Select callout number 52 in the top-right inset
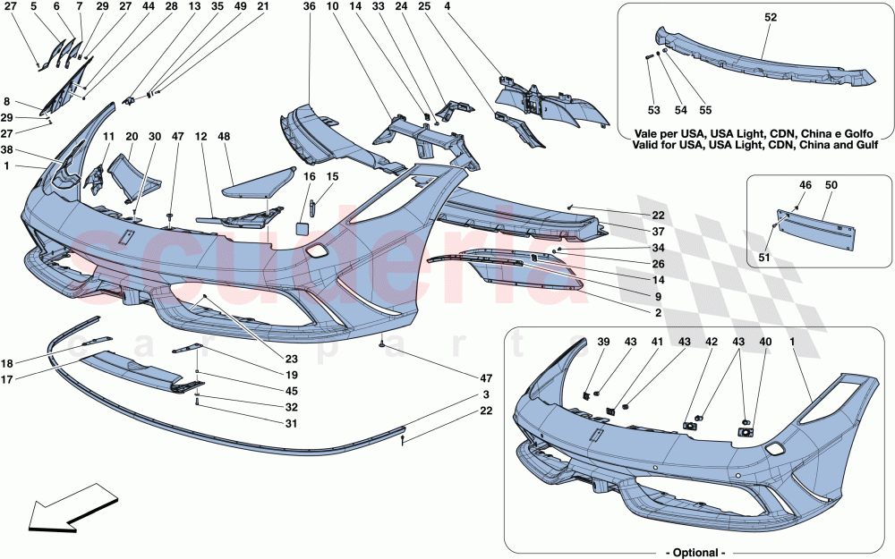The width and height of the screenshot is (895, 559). (771, 17)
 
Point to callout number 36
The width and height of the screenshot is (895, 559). (309, 7)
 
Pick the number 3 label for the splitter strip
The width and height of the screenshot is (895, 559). (486, 394)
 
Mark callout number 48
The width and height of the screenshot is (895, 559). (223, 137)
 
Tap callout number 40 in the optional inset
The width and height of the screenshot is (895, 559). (765, 342)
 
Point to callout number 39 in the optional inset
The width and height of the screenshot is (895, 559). (603, 342)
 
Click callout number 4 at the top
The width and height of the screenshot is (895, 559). (496, 7)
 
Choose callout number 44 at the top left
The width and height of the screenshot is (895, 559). (147, 7)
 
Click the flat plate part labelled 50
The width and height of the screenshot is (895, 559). (814, 220)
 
